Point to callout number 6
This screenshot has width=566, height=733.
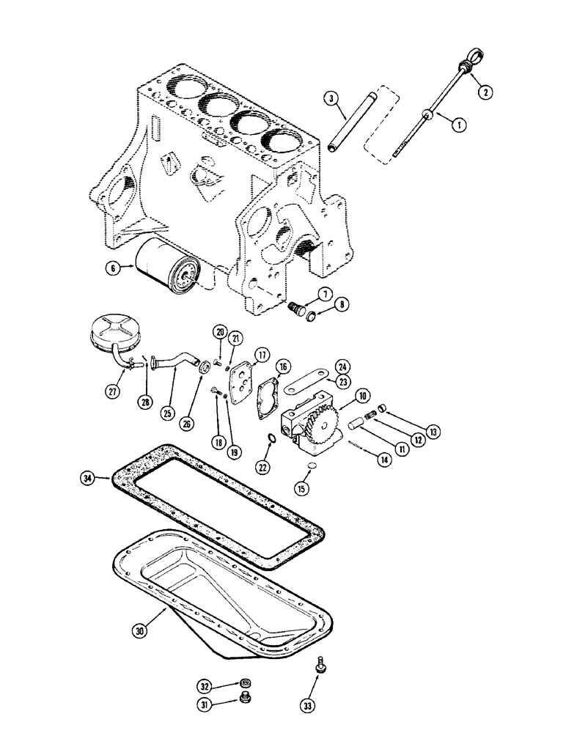pyautogui.click(x=113, y=269)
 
